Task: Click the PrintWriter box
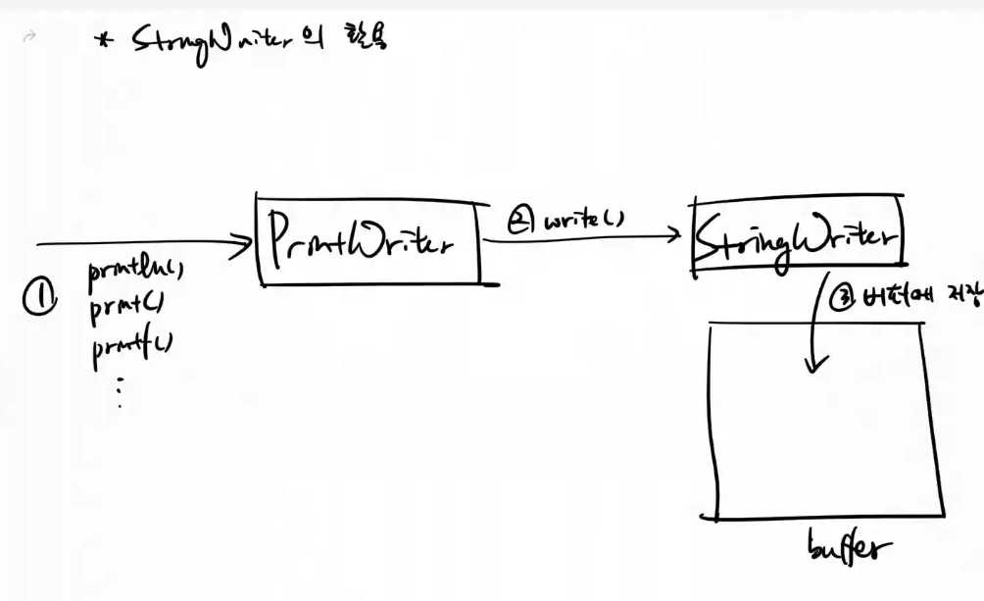[370, 243]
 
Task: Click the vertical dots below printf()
[119, 392]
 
